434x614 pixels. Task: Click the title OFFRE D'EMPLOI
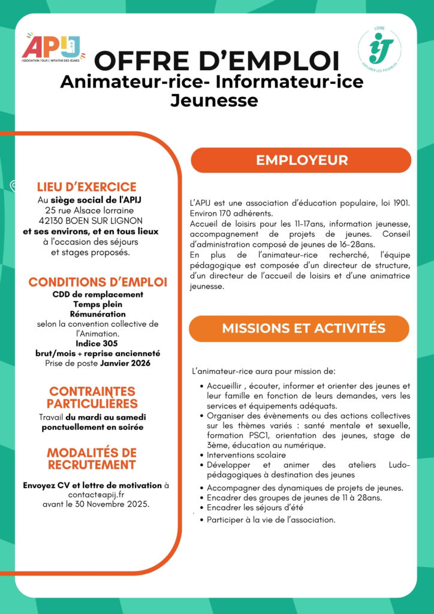click(x=217, y=61)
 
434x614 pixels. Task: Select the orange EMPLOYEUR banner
click(x=301, y=160)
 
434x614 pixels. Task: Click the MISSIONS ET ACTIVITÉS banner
click(x=303, y=329)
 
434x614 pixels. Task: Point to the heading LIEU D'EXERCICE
click(x=87, y=187)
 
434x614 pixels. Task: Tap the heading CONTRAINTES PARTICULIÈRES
click(x=92, y=398)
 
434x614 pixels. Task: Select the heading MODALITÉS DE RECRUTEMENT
click(x=91, y=458)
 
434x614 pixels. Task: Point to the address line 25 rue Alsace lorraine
click(x=89, y=210)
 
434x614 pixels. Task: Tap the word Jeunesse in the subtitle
click(x=214, y=100)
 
